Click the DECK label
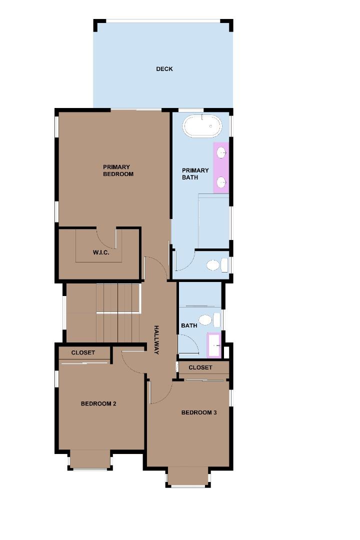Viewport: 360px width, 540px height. tap(164, 69)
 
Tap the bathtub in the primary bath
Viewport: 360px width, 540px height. tap(202, 126)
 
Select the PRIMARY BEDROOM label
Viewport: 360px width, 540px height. tap(118, 170)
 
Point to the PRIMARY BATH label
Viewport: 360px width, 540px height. tap(195, 174)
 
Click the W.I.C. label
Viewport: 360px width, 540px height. tap(101, 252)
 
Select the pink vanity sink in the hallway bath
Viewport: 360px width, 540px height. tap(214, 345)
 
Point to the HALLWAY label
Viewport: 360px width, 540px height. tap(156, 340)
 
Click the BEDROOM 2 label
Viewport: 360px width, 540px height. tap(98, 403)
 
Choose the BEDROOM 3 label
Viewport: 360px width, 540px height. tap(199, 412)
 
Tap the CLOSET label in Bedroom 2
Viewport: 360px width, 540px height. tap(83, 352)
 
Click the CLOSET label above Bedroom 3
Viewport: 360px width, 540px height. tap(200, 367)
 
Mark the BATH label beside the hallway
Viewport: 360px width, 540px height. tap(189, 325)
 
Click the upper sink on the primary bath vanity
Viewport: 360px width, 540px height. tap(221, 152)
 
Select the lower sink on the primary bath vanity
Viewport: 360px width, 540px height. tap(221, 181)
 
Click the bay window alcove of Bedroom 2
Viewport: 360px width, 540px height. tap(90, 458)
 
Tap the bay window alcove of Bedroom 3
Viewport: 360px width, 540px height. tap(188, 476)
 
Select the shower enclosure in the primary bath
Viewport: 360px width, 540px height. tap(213, 221)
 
